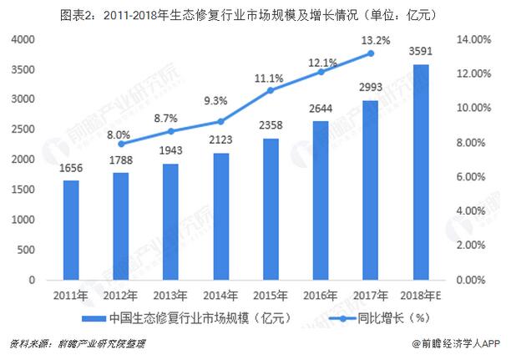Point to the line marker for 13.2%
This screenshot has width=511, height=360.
coord(371,53)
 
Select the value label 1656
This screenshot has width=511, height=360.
coord(72,167)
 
